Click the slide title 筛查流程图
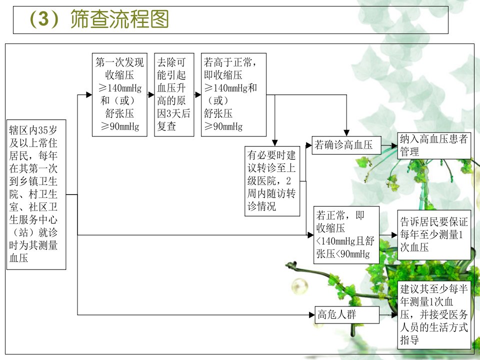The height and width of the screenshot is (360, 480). pyautogui.click(x=119, y=19)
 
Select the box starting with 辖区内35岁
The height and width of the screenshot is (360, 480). pyautogui.click(x=36, y=194)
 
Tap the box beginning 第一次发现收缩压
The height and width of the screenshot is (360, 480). pyautogui.click(x=119, y=94)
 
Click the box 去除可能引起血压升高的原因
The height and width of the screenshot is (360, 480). pyautogui.click(x=174, y=94)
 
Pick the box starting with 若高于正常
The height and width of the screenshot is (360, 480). pyautogui.click(x=233, y=94)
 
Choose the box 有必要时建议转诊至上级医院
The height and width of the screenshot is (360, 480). pyautogui.click(x=272, y=181)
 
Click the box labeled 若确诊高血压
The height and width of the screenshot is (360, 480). pyautogui.click(x=346, y=145)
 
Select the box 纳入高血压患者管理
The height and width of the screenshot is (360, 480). pyautogui.click(x=434, y=145)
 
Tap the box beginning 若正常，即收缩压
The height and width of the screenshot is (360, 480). pyautogui.click(x=346, y=235)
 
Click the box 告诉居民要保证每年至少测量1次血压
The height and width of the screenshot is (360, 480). pyautogui.click(x=434, y=235)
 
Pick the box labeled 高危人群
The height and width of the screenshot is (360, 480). pyautogui.click(x=347, y=314)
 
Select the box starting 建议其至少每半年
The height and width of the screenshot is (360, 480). pyautogui.click(x=434, y=314)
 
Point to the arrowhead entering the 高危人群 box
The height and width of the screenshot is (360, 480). pyautogui.click(x=312, y=314)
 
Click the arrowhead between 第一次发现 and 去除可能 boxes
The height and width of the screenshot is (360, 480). pyautogui.click(x=151, y=94)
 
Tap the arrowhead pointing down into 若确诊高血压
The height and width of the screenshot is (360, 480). pyautogui.click(x=346, y=133)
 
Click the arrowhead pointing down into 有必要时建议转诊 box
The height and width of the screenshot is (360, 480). pyautogui.click(x=275, y=143)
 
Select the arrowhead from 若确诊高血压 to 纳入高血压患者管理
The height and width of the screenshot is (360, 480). pyautogui.click(x=394, y=146)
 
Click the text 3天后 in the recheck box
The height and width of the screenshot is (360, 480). pyautogui.click(x=178, y=113)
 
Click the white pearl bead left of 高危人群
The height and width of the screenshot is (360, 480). pyautogui.click(x=299, y=287)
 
